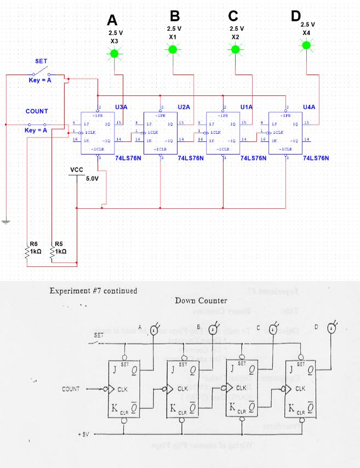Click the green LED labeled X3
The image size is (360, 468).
[x=114, y=54]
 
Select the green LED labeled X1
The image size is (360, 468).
[x=173, y=50]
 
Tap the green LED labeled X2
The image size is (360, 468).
[x=236, y=50]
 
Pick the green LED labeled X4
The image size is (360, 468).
[x=306, y=46]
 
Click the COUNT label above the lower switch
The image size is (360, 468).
[x=37, y=111]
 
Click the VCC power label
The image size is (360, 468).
[x=77, y=170]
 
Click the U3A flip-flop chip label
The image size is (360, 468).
[x=121, y=107]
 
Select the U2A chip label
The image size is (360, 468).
[x=184, y=107]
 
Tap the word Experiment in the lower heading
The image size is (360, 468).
[x=70, y=290]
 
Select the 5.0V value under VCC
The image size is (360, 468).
[x=92, y=179]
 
